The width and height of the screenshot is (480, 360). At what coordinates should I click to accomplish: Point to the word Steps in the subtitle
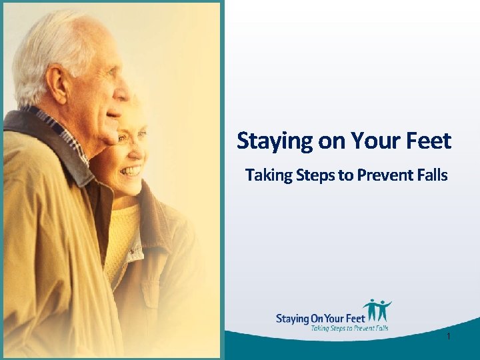click(x=313, y=175)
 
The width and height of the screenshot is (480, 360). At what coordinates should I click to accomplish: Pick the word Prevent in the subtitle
click(x=383, y=175)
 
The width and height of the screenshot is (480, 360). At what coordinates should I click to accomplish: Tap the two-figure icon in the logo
click(x=377, y=311)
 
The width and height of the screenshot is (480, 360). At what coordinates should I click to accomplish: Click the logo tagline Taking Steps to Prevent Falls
click(x=349, y=328)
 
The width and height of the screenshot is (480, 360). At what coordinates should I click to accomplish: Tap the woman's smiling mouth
click(x=131, y=171)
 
